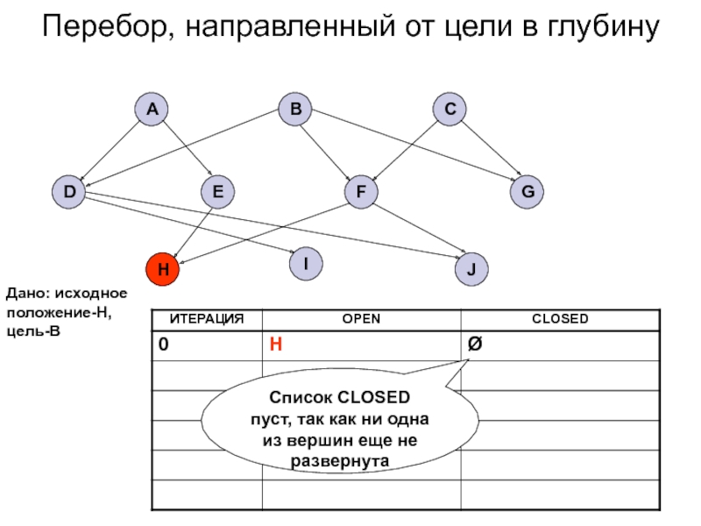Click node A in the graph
pos(152,110)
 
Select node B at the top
pos(295,110)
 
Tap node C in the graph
pos(450,110)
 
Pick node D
pos(67,191)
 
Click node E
pos(217,192)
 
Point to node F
pos(360,192)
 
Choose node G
pos(528,192)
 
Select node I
pos(306,263)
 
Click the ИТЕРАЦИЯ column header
pos(207,319)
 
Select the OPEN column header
pos(361,319)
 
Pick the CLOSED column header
pos(560,319)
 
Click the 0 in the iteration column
pos(164,345)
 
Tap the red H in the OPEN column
pos(275,345)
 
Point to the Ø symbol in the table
pos(474,345)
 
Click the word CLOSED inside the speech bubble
pos(368,397)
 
